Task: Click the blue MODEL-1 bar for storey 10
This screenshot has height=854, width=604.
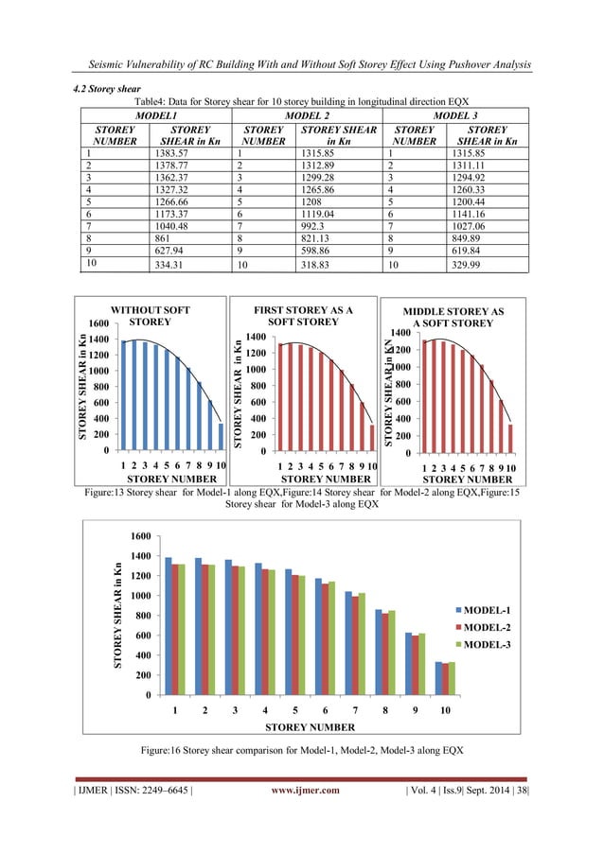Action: (x=438, y=678)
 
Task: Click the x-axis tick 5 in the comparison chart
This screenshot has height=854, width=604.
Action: (x=289, y=708)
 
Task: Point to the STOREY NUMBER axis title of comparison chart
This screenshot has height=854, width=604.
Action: (x=310, y=727)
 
